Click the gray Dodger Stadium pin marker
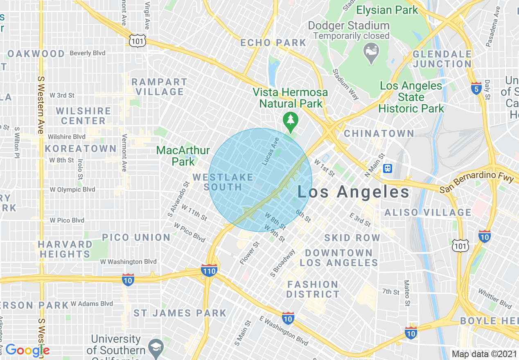pyautogui.click(x=371, y=52)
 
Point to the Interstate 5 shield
pyautogui.click(x=476, y=90)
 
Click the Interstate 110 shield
pyautogui.click(x=209, y=270)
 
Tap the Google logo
pyautogui.click(x=27, y=350)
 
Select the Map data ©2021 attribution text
pyautogui.click(x=484, y=354)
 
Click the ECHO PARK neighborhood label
pyautogui.click(x=273, y=43)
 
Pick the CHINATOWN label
pyautogui.click(x=379, y=133)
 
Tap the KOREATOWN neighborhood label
pyautogui.click(x=81, y=148)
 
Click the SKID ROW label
pyautogui.click(x=352, y=238)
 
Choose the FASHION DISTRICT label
pyautogui.click(x=313, y=289)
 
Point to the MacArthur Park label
pyautogui.click(x=183, y=156)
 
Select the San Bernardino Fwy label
pyautogui.click(x=476, y=183)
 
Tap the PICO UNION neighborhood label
pyautogui.click(x=136, y=237)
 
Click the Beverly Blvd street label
pyautogui.click(x=87, y=53)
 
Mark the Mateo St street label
pyautogui.click(x=407, y=293)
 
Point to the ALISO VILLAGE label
pyautogui.click(x=428, y=212)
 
